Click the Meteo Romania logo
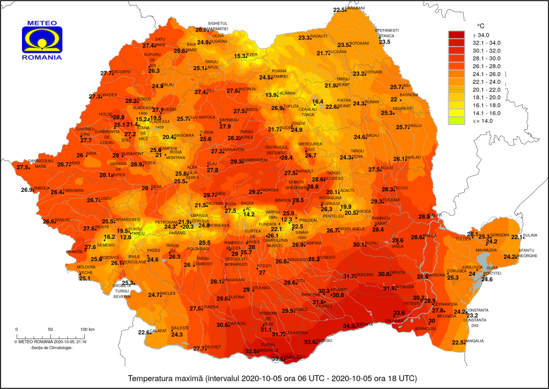[41, 41]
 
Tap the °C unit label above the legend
[481, 25]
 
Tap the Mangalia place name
[474, 341]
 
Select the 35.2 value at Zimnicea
[278, 359]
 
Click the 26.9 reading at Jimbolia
[27, 190]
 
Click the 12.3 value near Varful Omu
[287, 220]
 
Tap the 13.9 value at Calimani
[272, 95]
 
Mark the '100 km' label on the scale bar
[87, 329]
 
